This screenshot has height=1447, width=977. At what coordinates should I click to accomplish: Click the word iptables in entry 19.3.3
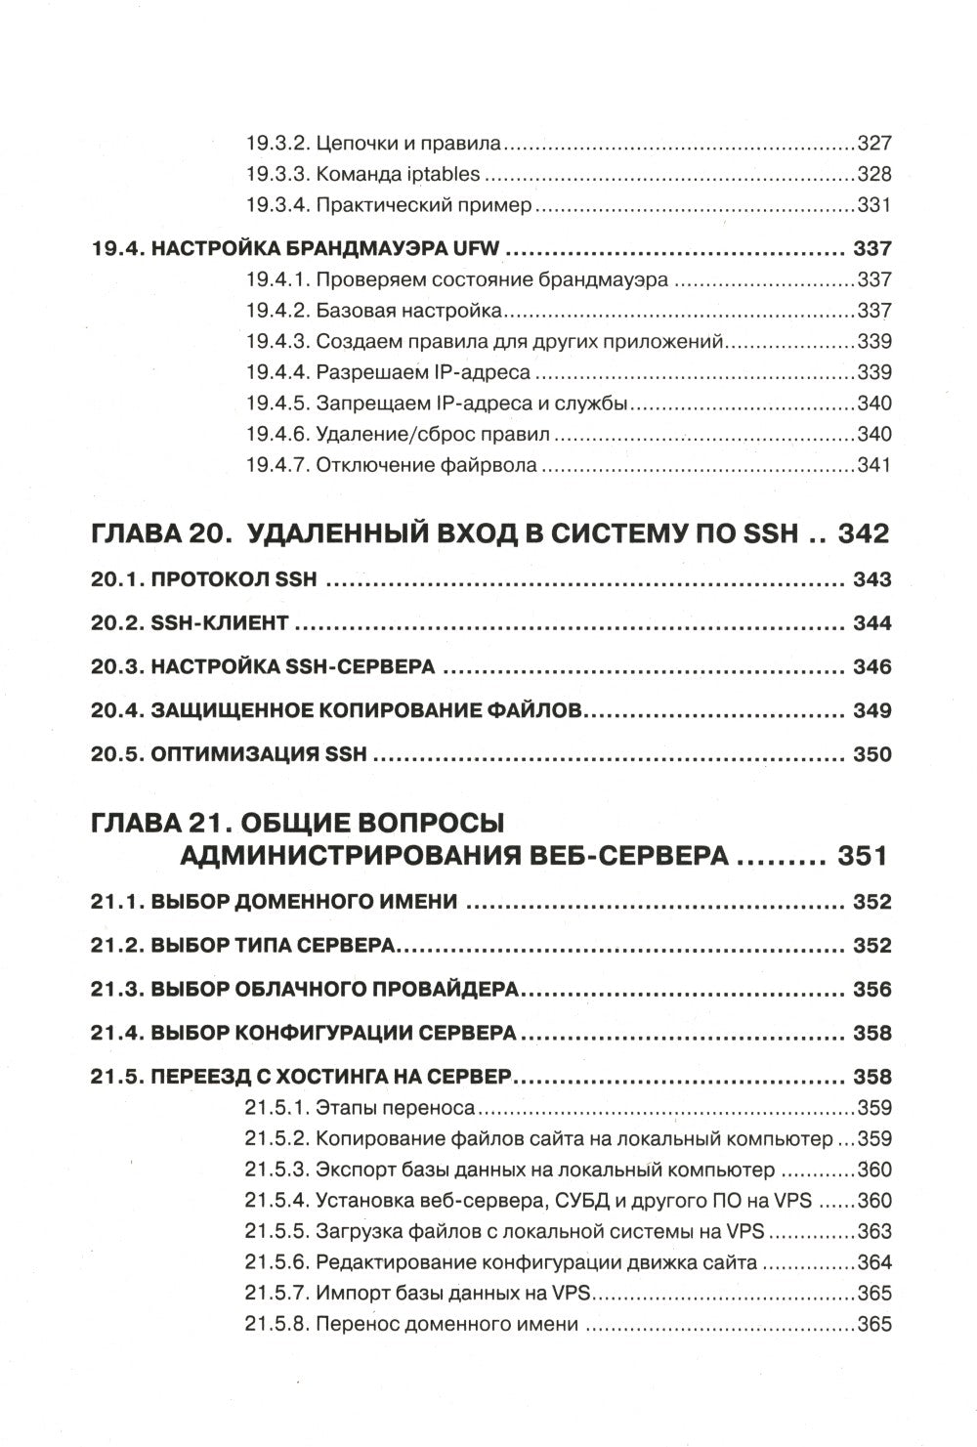[442, 175]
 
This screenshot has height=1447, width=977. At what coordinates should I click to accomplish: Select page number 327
[873, 144]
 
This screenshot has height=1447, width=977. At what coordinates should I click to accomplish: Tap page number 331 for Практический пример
[873, 206]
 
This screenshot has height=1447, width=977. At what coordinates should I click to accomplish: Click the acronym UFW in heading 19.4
[476, 248]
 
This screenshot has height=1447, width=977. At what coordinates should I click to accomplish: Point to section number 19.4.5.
[276, 404]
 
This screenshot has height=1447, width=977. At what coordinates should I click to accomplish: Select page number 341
[873, 465]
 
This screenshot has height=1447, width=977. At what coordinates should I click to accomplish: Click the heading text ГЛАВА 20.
[160, 534]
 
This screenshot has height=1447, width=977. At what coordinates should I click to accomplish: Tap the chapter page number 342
[856, 534]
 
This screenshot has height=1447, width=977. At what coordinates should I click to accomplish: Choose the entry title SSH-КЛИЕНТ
[220, 623]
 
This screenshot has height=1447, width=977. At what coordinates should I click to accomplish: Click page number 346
[871, 667]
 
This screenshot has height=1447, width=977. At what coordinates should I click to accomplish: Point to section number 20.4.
[116, 711]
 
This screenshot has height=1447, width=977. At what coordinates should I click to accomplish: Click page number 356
[871, 990]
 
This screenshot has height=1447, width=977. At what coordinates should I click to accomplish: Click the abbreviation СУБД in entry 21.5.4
[584, 1201]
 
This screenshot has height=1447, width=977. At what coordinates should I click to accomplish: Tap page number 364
[873, 1262]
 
